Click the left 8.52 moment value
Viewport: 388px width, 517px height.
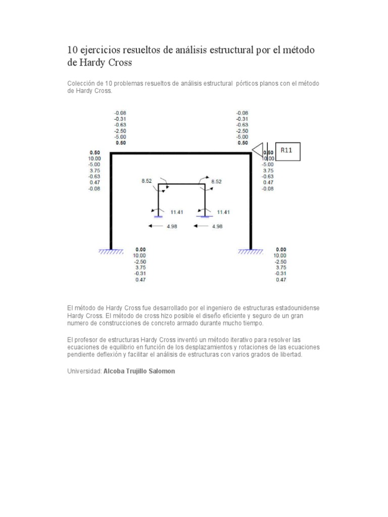tap(146, 180)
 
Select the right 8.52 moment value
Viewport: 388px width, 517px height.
tap(216, 180)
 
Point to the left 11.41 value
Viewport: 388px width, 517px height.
tap(176, 212)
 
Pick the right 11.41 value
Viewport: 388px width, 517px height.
tap(223, 212)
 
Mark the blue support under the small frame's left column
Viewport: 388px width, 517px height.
tap(159, 216)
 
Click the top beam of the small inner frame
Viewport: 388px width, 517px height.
tap(181, 185)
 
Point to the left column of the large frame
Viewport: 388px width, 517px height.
tap(111, 202)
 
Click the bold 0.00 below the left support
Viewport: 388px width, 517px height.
tap(140, 249)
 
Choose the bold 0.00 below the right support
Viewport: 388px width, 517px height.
tap(281, 249)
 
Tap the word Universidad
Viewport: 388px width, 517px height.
tap(84, 371)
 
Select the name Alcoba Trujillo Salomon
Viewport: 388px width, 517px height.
tap(138, 371)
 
